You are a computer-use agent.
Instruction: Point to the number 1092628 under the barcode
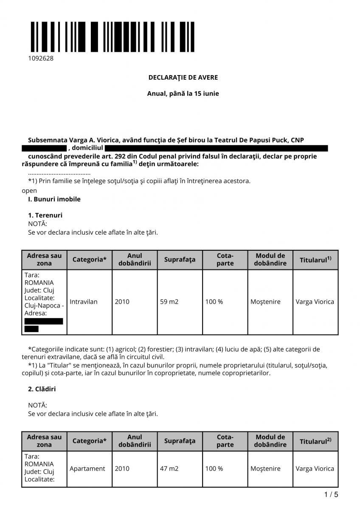tap(41, 59)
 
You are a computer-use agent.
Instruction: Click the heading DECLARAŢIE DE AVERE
tap(183, 78)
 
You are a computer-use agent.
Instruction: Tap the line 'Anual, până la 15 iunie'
tap(183, 93)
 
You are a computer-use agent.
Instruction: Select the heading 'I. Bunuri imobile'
tap(54, 199)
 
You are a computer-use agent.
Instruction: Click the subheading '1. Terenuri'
tap(45, 215)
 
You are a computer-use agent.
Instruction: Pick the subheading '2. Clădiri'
tap(42, 389)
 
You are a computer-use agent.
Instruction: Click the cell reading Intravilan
tap(84, 302)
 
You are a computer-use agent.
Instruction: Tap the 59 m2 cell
tap(169, 302)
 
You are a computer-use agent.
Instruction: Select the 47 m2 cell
tap(169, 469)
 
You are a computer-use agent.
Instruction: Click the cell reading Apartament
tap(87, 469)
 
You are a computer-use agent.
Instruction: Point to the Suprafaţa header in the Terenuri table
tap(180, 259)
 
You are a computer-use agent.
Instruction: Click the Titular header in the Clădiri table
tap(315, 441)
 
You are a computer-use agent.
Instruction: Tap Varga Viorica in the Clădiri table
tap(315, 469)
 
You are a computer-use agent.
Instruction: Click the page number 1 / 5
tap(331, 495)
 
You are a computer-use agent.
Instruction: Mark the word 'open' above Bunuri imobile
tap(29, 190)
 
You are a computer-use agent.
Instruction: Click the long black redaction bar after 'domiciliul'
tap(216, 148)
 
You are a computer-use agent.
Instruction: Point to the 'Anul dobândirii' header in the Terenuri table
tap(135, 259)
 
